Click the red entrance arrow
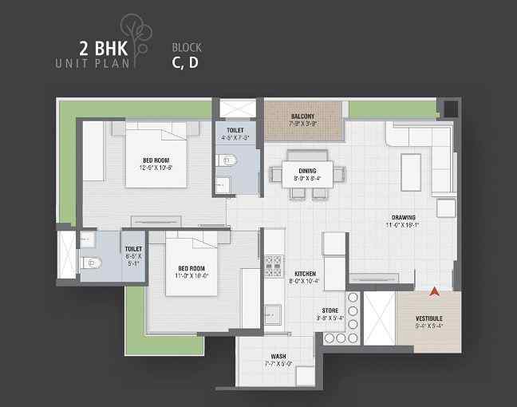click(434, 293)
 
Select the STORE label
click(330, 310)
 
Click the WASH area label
click(278, 356)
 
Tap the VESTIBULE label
click(429, 319)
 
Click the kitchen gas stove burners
click(274, 265)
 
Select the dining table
click(308, 174)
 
